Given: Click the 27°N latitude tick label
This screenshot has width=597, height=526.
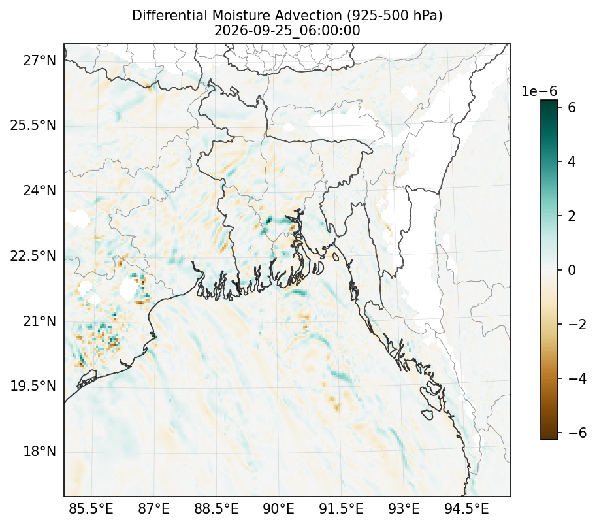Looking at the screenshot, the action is click(x=40, y=60).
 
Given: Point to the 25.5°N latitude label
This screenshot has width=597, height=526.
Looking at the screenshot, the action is click(x=33, y=125).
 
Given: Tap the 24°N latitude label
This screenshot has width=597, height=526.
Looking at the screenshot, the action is click(x=40, y=190).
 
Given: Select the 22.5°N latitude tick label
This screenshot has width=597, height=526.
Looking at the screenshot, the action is click(x=33, y=255).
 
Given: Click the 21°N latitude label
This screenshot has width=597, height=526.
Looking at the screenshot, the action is click(x=40, y=321).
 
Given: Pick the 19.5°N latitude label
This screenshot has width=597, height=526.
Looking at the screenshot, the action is click(x=33, y=386).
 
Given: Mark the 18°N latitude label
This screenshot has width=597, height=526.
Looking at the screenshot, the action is click(x=40, y=452).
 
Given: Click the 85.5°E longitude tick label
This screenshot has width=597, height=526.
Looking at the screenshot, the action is click(x=91, y=508).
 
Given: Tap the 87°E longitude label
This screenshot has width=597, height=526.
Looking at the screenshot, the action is click(x=153, y=508).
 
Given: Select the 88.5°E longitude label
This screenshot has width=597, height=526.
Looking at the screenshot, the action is click(x=216, y=508).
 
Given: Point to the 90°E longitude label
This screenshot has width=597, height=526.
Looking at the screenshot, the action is click(x=279, y=508).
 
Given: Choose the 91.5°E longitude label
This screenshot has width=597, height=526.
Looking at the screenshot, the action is click(x=341, y=508).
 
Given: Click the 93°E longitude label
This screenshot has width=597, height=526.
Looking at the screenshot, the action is click(x=404, y=508).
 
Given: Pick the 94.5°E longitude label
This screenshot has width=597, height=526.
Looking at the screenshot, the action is click(x=466, y=508).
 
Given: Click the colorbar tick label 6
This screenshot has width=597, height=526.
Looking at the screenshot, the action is click(x=572, y=107).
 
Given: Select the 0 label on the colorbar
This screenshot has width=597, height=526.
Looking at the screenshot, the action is click(x=572, y=270).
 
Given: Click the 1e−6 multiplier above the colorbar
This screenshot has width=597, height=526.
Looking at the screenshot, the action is click(x=539, y=91).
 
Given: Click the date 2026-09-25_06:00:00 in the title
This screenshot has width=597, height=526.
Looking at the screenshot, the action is click(x=287, y=31).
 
